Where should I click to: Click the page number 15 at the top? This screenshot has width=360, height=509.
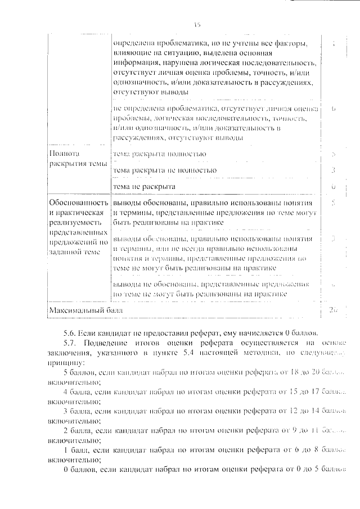(197, 25)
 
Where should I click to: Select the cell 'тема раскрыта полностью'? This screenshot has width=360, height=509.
(159, 154)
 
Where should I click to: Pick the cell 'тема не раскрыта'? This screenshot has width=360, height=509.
(144, 186)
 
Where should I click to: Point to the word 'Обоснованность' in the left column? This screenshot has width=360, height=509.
(78, 202)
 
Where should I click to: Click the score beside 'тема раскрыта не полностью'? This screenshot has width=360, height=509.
(334, 169)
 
